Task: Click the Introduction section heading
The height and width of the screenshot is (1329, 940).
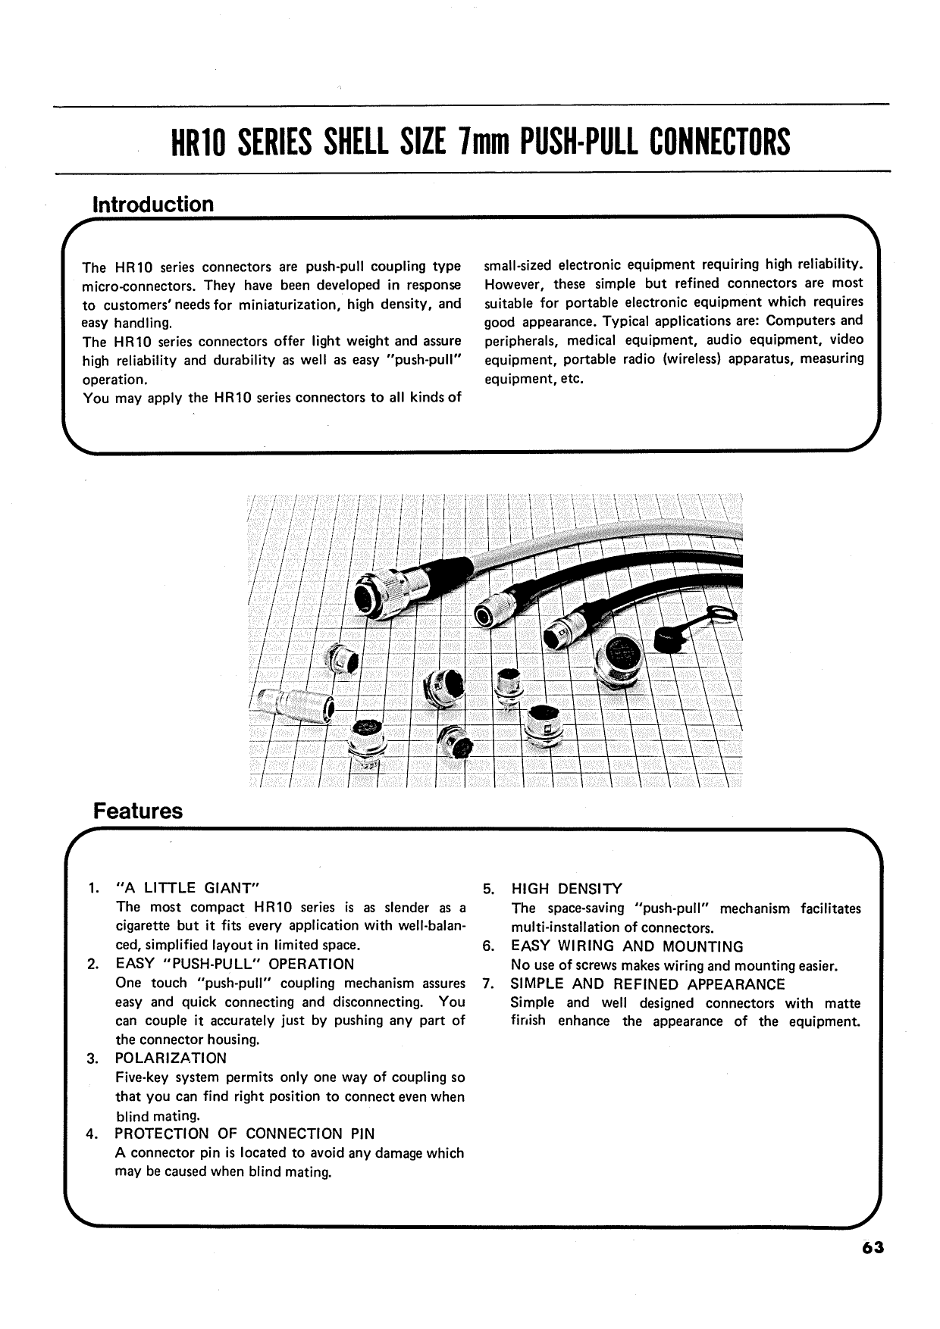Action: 152,205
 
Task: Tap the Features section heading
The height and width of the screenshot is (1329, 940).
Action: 137,811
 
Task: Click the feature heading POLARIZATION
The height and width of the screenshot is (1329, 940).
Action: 171,1058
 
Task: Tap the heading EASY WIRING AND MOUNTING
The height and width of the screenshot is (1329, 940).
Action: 627,946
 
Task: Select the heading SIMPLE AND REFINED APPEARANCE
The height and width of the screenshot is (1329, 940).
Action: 647,984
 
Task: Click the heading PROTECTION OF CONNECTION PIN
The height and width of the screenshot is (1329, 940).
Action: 244,1134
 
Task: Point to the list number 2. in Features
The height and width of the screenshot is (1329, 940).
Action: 92,965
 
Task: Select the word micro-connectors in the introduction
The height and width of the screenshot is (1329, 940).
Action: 130,286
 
